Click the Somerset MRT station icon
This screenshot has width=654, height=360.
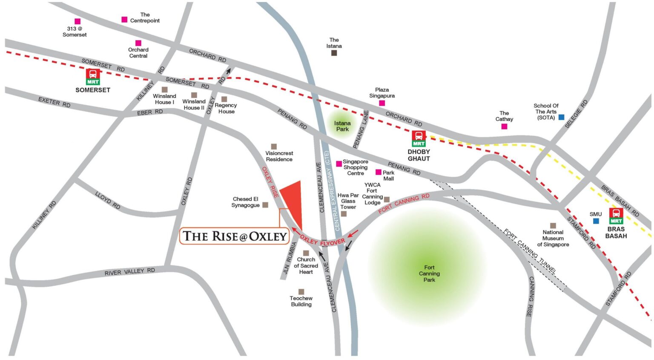pos(93,77)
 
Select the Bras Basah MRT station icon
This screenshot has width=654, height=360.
pos(616,216)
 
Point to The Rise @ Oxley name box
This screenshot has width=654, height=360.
pos(235,236)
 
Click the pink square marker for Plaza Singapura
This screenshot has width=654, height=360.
pos(382,103)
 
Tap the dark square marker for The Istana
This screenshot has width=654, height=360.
pos(334,53)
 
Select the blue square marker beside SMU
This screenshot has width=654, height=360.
pos(596,221)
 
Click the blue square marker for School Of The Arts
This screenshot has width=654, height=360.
pos(561,117)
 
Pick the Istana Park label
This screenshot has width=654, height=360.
pos(342,126)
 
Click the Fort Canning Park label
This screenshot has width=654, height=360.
pos(429,274)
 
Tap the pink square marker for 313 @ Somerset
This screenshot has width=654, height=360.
pos(77,21)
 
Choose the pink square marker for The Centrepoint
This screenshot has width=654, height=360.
pos(124,20)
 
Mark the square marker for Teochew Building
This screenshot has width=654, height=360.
pos(301,292)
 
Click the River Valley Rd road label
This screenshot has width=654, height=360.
pos(129,271)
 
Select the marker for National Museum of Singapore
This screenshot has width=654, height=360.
pos(553,226)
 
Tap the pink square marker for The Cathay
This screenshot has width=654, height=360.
pos(504,127)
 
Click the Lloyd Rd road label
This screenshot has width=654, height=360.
pos(107,200)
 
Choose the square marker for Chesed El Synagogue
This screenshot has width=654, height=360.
pos(265,205)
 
